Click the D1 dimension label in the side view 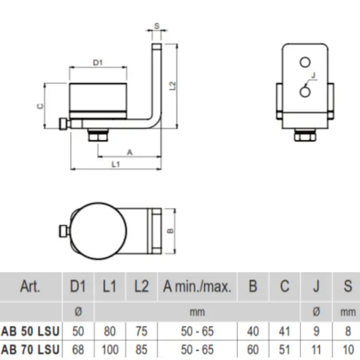point(98,62)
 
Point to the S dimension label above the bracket point(156,27)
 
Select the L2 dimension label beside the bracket point(172,86)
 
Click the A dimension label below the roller point(130,152)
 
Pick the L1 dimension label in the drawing point(116,165)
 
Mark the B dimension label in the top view point(171,232)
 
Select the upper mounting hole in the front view point(305,61)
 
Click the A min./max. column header point(196,286)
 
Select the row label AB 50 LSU point(31,331)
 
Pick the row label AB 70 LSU point(31,349)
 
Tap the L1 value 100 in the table point(109,349)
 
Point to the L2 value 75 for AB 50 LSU point(141,331)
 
